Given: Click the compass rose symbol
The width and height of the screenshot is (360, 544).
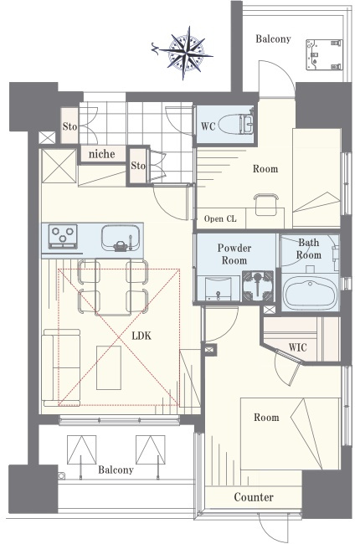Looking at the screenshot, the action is pyautogui.click(x=186, y=53).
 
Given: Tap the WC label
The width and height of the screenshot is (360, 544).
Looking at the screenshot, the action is pyautogui.click(x=208, y=126).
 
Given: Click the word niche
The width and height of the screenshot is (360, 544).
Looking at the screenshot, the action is pyautogui.click(x=101, y=154).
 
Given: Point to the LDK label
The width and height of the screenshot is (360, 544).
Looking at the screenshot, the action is pyautogui.click(x=142, y=336).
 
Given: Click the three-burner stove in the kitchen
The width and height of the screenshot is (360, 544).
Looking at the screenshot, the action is pyautogui.click(x=63, y=236).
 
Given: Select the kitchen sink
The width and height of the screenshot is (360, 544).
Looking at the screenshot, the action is pyautogui.click(x=121, y=238).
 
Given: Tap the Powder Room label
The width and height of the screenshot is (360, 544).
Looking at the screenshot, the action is pyautogui.click(x=234, y=254).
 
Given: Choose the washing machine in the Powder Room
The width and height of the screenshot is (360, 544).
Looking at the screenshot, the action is pyautogui.click(x=258, y=286).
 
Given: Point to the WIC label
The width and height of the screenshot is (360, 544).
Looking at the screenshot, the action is pyautogui.click(x=297, y=347).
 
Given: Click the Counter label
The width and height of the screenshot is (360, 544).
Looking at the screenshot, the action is pyautogui.click(x=254, y=497).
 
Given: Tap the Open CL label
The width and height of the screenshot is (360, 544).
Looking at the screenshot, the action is pyautogui.click(x=220, y=218).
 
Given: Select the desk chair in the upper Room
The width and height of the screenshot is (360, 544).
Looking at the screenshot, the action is pyautogui.click(x=266, y=204).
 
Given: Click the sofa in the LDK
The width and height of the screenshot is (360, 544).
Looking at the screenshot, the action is pyautogui.click(x=61, y=367).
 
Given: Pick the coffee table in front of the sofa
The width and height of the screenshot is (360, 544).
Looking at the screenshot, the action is pyautogui.click(x=109, y=367).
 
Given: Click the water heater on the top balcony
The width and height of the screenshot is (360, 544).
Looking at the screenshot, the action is pyautogui.click(x=324, y=54).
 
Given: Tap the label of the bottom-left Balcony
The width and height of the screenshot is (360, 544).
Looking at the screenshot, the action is pyautogui.click(x=116, y=470).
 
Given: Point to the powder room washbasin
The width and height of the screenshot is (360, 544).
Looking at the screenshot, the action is pyautogui.click(x=218, y=288).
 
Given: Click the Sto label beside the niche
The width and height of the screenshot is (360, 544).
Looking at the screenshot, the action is pyautogui.click(x=138, y=166).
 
